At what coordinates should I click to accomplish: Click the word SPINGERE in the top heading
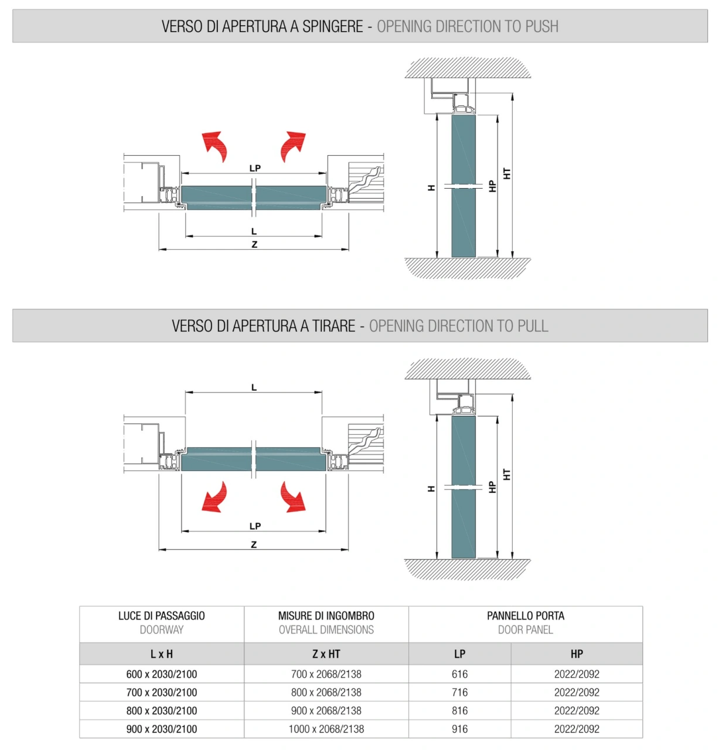tap(333, 26)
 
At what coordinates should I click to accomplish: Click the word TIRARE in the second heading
tap(333, 326)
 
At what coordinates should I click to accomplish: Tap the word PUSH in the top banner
tap(541, 26)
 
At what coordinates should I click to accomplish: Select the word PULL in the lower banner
tap(533, 326)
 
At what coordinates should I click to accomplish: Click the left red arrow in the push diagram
tap(216, 145)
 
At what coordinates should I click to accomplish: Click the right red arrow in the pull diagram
tap(293, 497)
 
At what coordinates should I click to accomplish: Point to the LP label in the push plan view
tap(255, 168)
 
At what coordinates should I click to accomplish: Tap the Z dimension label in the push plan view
tap(254, 244)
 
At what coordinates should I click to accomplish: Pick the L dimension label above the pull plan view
tap(254, 387)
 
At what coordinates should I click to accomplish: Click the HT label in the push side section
tap(507, 173)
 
